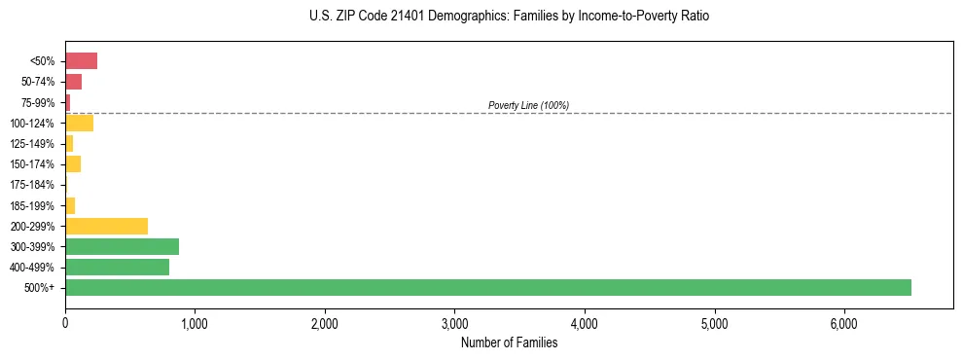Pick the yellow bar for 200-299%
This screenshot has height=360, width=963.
coord(106,226)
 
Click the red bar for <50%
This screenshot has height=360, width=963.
coord(81,61)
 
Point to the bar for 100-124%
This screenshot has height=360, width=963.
coord(79,123)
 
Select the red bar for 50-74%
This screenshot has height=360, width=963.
coord(73,82)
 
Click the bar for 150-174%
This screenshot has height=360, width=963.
coord(73,163)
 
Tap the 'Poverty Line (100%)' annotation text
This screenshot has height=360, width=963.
coord(528,105)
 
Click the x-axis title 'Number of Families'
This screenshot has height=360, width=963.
coord(509,342)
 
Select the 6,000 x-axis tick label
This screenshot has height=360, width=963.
coord(843,323)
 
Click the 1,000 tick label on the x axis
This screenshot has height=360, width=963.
coord(195,323)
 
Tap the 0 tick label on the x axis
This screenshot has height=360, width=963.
coord(65,323)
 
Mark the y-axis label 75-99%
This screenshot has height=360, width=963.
coord(37,102)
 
